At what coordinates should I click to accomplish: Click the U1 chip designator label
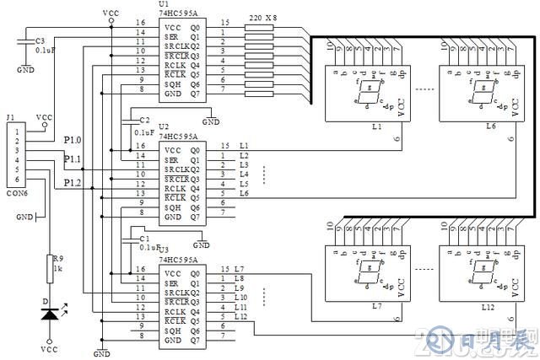tap(162, 4)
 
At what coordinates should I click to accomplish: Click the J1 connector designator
tap(10, 118)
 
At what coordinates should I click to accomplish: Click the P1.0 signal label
tap(73, 140)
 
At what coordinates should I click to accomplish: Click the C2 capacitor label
tap(144, 120)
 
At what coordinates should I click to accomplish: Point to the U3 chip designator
tap(163, 249)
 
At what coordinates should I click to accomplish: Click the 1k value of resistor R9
tap(57, 269)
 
